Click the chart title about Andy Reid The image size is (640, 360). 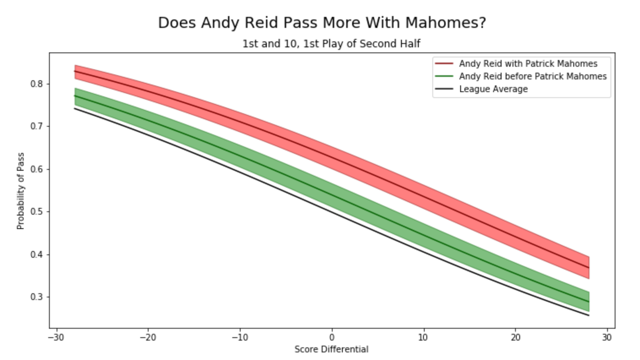(322, 23)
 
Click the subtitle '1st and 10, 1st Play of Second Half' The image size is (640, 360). (331, 44)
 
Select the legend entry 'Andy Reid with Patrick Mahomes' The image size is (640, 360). (528, 64)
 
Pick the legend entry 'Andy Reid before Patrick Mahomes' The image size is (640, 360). (532, 76)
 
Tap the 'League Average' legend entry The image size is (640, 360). (493, 89)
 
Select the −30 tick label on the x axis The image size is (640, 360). (56, 338)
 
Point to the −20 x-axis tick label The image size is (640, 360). (148, 338)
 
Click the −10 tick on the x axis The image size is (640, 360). (239, 338)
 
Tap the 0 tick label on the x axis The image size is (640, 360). (332, 338)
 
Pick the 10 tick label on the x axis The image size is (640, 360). (423, 338)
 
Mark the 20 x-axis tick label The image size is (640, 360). (515, 338)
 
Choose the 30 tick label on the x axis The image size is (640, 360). (607, 338)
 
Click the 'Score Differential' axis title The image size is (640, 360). (331, 349)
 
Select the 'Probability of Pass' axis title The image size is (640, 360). (21, 191)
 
